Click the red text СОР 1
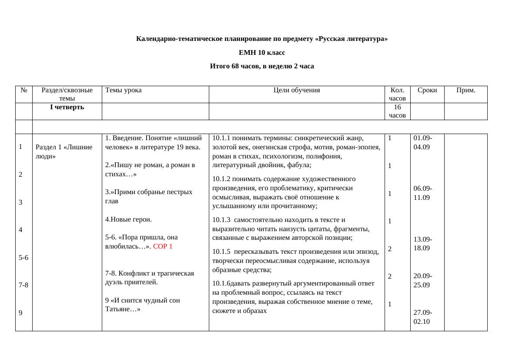click(163, 246)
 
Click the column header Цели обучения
click(296, 90)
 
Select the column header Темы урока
click(123, 90)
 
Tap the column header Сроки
click(427, 90)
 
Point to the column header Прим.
click(465, 90)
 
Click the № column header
click(23, 90)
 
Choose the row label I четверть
click(67, 107)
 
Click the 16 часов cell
click(397, 111)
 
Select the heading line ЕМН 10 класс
click(262, 53)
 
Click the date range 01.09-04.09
click(422, 142)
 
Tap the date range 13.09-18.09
click(422, 244)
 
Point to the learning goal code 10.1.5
click(221, 252)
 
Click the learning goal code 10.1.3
click(221, 220)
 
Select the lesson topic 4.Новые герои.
click(128, 219)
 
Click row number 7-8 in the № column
click(23, 285)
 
